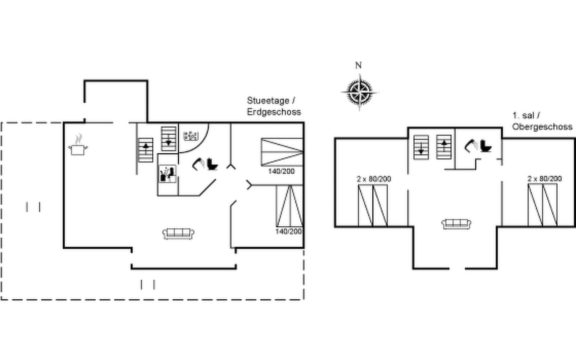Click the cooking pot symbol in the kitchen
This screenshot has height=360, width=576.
(78, 147)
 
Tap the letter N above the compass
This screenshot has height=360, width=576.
(358, 65)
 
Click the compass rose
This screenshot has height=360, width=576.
(359, 91)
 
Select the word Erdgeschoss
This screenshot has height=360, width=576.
(274, 112)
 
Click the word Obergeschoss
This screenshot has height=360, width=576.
(542, 127)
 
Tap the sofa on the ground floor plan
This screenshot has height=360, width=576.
(178, 233)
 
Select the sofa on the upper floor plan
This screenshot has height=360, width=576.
(456, 223)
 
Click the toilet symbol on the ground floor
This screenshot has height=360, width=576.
(212, 164)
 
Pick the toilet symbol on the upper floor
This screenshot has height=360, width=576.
(485, 146)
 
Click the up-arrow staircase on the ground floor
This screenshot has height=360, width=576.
(146, 150)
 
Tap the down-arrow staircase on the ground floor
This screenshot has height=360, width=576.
(168, 138)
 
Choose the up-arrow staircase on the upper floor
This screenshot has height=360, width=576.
(444, 147)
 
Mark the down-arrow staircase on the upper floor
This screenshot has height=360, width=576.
(421, 147)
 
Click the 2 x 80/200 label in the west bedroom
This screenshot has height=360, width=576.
(374, 179)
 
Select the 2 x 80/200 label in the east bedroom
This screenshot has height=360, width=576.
(544, 178)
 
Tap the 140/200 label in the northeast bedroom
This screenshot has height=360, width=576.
(281, 171)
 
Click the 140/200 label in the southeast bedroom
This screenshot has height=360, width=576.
(289, 231)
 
